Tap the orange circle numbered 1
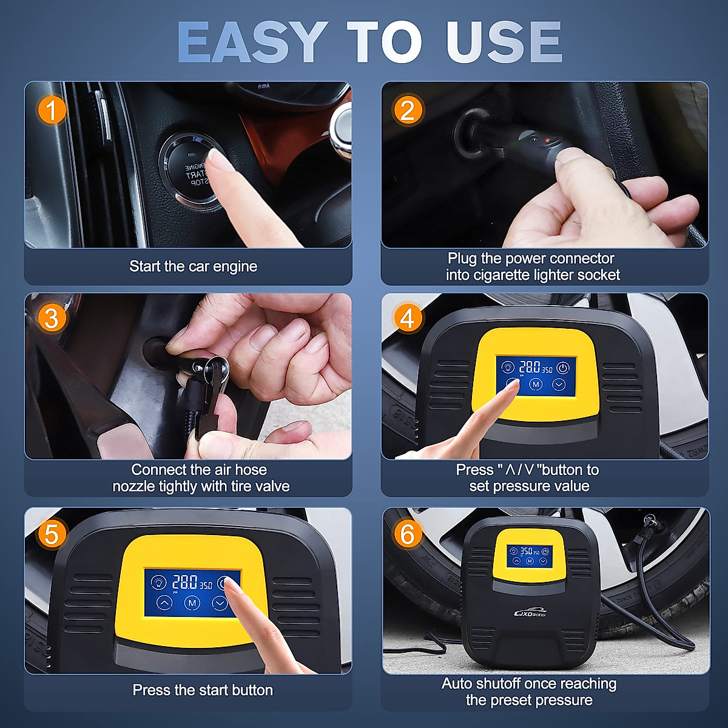[x=52, y=110]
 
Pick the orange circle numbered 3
[x=52, y=318]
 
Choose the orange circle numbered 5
[x=52, y=533]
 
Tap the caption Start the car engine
[x=193, y=266]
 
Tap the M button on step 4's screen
[x=535, y=384]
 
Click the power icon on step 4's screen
[x=563, y=367]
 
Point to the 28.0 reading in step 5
[x=184, y=582]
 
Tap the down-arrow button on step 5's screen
[x=219, y=603]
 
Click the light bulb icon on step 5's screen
[x=158, y=582]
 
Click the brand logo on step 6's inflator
[x=530, y=613]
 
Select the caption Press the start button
[x=203, y=690]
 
